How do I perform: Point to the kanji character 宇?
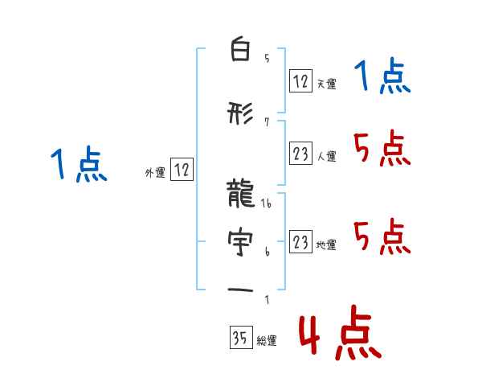[x=240, y=240]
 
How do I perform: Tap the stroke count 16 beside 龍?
[x=268, y=204]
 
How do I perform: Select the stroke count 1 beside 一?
[x=267, y=301]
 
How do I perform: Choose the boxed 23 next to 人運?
[x=301, y=154]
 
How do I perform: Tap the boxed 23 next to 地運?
[x=301, y=243]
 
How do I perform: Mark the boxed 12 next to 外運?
[x=182, y=170]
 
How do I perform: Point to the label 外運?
[x=155, y=171]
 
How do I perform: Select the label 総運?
[x=267, y=341]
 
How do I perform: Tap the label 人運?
[x=327, y=156]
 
